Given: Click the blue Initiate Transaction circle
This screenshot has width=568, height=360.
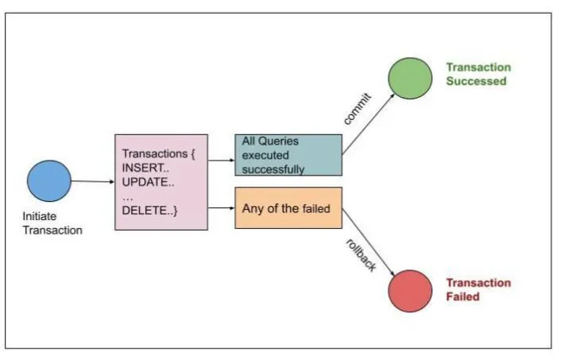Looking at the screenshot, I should click(x=49, y=180).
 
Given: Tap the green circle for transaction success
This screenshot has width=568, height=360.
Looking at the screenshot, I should click(x=410, y=77).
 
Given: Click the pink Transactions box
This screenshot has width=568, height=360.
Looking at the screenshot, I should click(x=162, y=182).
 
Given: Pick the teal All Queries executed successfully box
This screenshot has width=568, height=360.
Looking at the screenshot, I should click(x=288, y=154).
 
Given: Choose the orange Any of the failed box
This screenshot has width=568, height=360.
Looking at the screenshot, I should click(x=288, y=208).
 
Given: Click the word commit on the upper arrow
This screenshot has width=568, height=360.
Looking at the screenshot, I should click(x=357, y=109).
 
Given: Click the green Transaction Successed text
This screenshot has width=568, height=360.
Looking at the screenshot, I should click(x=477, y=74).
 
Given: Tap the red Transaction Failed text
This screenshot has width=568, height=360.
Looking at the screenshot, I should click(x=477, y=290).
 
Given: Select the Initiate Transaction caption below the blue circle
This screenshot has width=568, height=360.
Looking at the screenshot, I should click(x=52, y=224).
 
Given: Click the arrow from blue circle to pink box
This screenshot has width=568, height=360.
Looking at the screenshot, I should click(x=93, y=181).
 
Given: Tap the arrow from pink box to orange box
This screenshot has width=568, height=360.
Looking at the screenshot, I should click(x=222, y=209).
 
